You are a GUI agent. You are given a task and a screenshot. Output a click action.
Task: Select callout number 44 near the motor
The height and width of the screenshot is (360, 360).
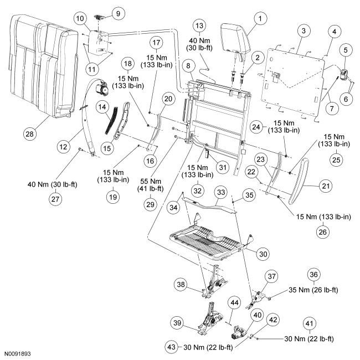(234, 304)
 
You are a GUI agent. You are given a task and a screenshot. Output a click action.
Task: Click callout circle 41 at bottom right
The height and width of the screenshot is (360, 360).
(308, 323)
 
